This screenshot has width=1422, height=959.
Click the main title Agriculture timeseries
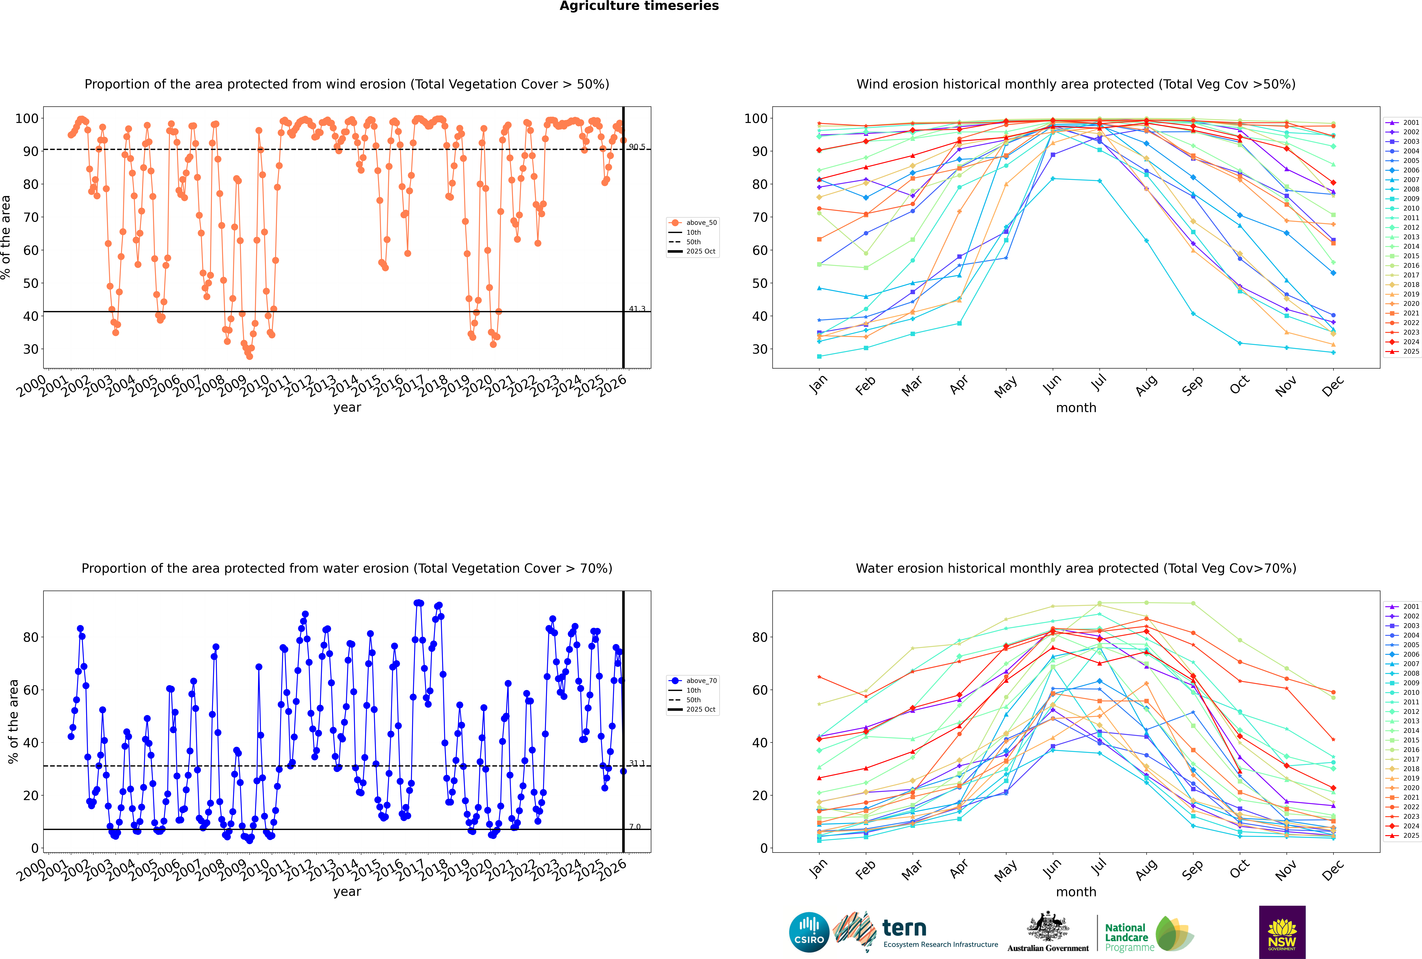[639, 6]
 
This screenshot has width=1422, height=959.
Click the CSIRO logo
[809, 932]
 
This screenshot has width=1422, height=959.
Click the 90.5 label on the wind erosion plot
[637, 147]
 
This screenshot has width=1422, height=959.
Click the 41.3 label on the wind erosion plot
[637, 309]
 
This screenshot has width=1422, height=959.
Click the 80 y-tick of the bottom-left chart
[30, 637]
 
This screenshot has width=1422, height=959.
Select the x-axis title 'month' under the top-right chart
[1076, 408]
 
